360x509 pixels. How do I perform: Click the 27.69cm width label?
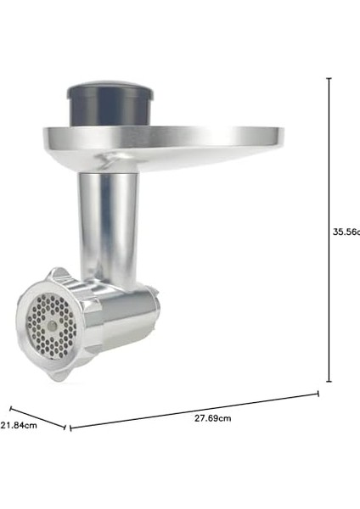click(213, 418)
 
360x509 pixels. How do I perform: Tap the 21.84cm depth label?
click(19, 426)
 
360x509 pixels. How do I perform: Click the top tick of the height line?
click(329, 78)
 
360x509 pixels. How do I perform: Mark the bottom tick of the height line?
click(329, 382)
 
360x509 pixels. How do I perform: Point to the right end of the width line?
click(318, 393)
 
